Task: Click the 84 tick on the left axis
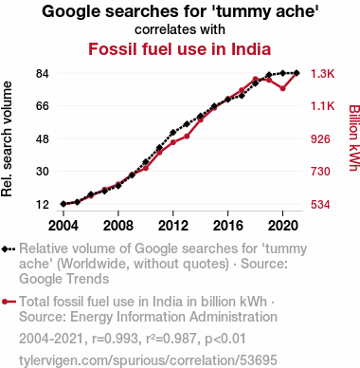[x=43, y=74]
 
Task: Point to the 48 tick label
[x=43, y=139]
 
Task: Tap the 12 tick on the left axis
[x=43, y=205]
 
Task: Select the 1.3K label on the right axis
[x=322, y=74]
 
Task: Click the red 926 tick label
[x=320, y=139]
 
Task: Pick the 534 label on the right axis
[x=320, y=205]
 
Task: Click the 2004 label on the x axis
[x=63, y=226]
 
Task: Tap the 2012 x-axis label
[x=173, y=226]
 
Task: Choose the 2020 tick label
[x=283, y=226]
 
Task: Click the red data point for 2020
[x=283, y=88]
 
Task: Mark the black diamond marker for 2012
[x=173, y=133]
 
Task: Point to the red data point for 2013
[x=187, y=137]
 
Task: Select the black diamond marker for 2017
[x=242, y=96]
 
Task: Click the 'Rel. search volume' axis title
[x=7, y=139]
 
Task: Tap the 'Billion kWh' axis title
[x=354, y=138]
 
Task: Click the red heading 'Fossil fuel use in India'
[x=180, y=49]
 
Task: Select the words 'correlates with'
[x=180, y=29]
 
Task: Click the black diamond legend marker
[x=9, y=249]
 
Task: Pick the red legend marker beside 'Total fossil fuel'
[x=9, y=302]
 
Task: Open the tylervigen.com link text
[x=148, y=360]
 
